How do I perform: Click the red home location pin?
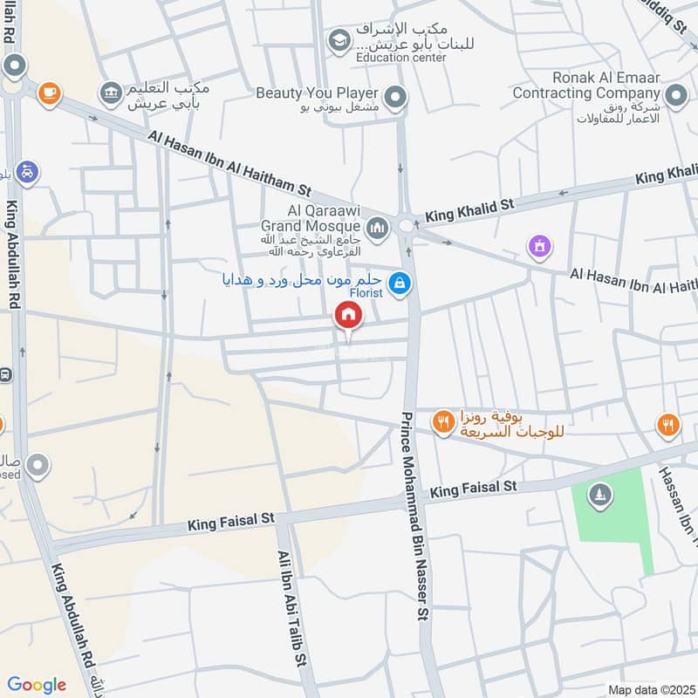click(348, 316)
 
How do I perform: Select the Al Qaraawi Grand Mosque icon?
click(377, 229)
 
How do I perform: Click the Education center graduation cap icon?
click(339, 40)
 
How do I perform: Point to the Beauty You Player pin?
click(396, 99)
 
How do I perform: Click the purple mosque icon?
click(540, 247)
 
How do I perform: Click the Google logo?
click(37, 685)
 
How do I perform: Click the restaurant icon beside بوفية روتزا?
click(443, 422)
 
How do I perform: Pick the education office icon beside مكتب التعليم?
click(111, 92)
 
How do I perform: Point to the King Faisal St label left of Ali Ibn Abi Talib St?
click(222, 524)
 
